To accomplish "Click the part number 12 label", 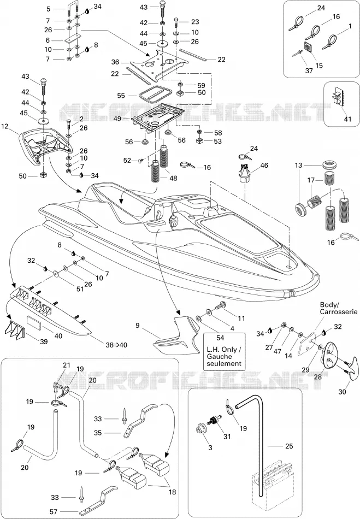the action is point(4,126).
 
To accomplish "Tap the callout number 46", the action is point(264,166).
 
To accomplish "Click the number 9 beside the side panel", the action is point(138,326).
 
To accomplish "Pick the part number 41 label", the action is point(347,119).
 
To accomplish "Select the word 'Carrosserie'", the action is point(339,311).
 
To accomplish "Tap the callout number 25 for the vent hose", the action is point(289,446).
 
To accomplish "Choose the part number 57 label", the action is point(54,511).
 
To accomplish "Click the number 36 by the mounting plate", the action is point(115,62).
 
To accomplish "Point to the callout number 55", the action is point(121,96).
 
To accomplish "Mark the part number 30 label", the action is point(342,392).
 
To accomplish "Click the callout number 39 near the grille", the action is point(44,341).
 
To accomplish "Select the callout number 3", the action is point(210,447).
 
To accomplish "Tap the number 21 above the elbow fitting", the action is point(67,365).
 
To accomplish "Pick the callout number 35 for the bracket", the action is point(98,433).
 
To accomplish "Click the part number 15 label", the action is point(319,66).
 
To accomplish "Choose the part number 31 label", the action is point(227,437).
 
